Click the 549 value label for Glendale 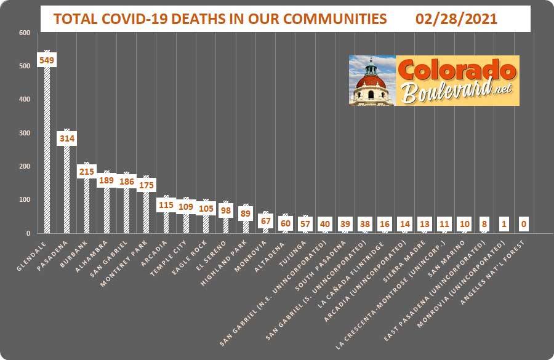tap(47, 60)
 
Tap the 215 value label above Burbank tap(86, 171)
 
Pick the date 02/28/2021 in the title tap(456, 19)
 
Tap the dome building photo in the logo tap(372, 81)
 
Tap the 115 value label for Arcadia tap(166, 205)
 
